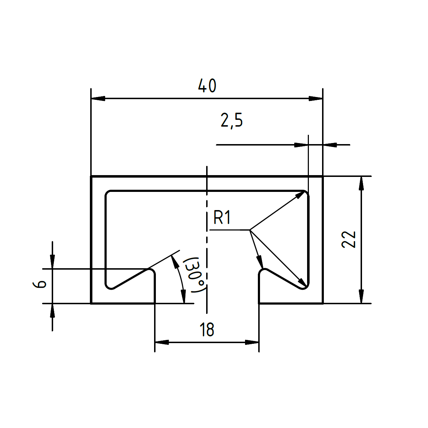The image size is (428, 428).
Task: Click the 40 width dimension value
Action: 207,86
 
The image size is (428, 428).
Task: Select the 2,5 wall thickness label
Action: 232,121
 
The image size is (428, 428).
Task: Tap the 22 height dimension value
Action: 349,239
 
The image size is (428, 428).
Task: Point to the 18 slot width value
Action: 207,330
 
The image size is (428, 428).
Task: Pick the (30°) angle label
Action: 195,275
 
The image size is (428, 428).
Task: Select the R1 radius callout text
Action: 222,218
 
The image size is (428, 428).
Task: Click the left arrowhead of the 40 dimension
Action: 98,98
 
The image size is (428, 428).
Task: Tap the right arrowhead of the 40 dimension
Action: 316,98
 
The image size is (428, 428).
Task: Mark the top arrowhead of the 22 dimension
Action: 361,183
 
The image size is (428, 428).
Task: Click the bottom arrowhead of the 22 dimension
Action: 361,296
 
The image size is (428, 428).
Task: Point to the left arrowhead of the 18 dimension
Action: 162,342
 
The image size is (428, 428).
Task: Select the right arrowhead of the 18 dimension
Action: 252,342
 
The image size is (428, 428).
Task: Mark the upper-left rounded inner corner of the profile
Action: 108,194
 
